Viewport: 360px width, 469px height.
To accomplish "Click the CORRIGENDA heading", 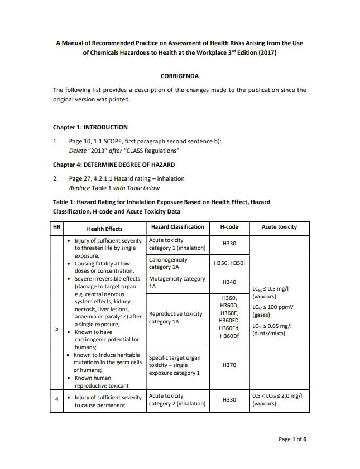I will pos(180,76).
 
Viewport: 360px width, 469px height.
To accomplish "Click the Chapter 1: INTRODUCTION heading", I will pos(90,127).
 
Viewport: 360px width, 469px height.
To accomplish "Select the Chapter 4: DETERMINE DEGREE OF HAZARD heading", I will pos(114,165).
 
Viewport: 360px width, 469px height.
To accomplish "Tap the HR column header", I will pos(56,227).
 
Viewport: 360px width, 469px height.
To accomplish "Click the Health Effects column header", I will pos(104,229).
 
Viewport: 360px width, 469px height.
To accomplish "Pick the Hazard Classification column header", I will pos(177,227).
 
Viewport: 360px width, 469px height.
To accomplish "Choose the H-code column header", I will pos(229,227).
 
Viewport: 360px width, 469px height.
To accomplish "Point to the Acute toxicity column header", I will pos(279,227).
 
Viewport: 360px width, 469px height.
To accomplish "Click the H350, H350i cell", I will pos(229,263).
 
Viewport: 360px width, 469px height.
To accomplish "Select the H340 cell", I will pos(229,282).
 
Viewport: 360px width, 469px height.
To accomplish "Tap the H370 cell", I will pos(229,365).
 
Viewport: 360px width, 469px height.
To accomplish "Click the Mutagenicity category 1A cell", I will pos(177,282).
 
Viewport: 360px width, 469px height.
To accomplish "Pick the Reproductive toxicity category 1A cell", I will pos(176,318).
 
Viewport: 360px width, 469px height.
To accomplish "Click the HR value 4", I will pos(56,400).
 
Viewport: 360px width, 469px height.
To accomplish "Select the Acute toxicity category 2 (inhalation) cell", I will pos(177,400).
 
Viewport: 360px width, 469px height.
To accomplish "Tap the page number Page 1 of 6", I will pos(292,439).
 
